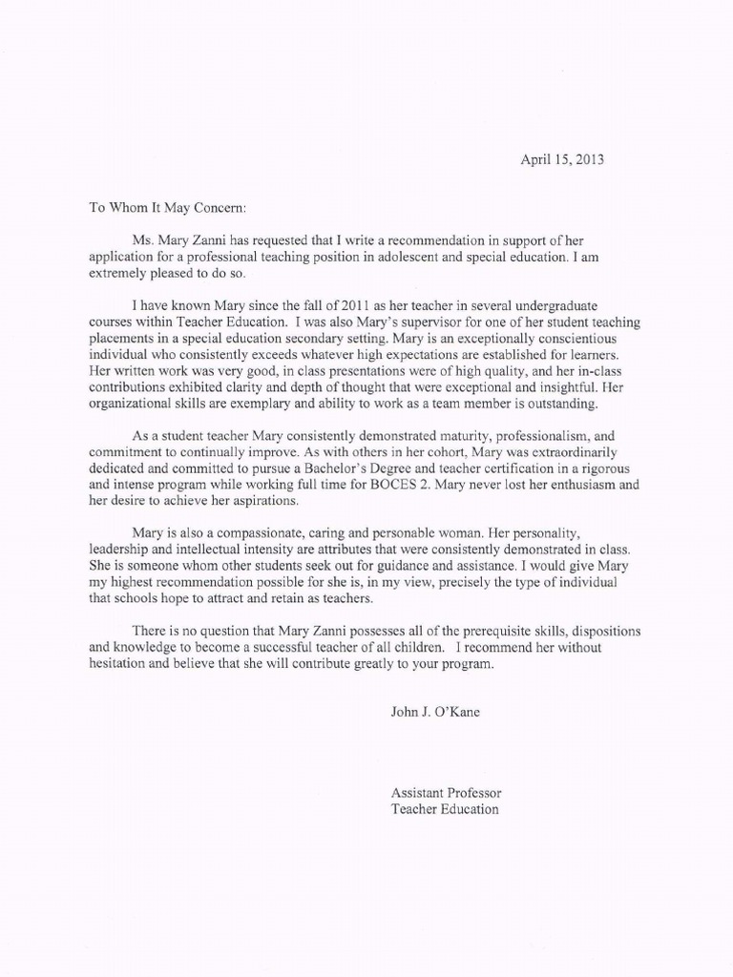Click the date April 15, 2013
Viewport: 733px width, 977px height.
561,159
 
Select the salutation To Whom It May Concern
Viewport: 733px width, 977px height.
167,205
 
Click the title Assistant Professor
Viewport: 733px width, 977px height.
446,793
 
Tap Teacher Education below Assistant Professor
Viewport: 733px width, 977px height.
445,809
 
